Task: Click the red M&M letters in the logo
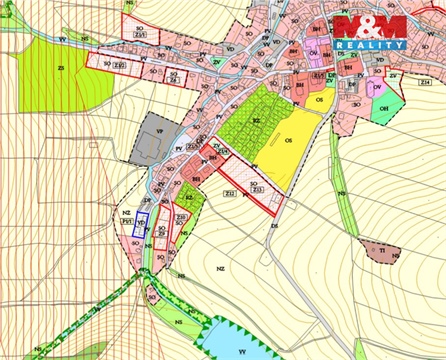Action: [369, 26]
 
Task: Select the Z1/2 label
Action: [120, 65]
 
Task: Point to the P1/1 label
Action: [126, 221]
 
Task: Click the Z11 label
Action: [224, 152]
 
